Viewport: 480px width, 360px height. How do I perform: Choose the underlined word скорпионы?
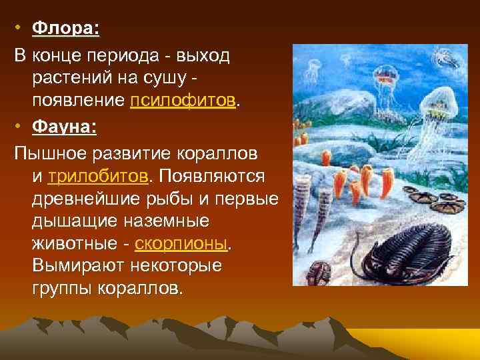tap(181, 243)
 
